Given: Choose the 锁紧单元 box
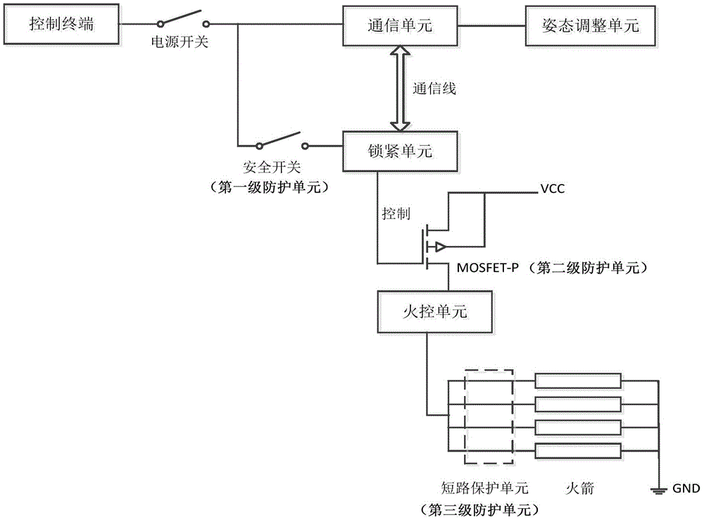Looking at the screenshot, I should [399, 151].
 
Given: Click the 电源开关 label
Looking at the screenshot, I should [180, 42].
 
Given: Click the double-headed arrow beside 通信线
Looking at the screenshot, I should [399, 88].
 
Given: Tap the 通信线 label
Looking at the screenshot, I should [434, 89].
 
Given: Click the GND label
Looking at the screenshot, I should [684, 488].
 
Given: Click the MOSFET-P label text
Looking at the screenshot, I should [487, 269].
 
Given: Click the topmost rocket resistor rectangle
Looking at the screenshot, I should [578, 381].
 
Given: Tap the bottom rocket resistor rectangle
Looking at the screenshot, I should [578, 451].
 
